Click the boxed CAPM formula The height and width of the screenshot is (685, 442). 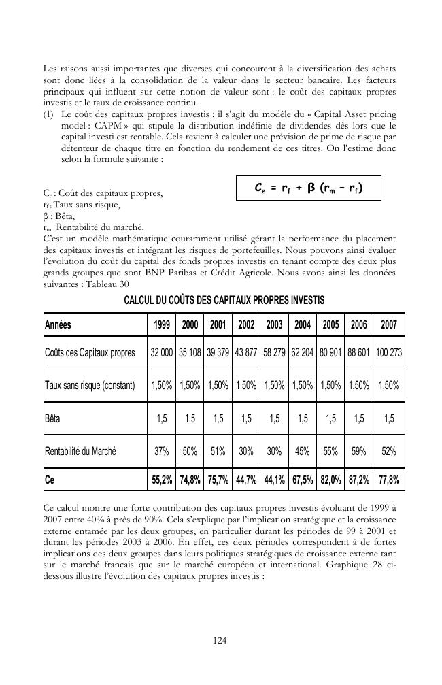coord(308,188)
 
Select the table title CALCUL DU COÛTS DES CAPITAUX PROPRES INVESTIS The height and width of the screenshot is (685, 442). coord(224,300)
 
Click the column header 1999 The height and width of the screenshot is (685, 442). coord(162,325)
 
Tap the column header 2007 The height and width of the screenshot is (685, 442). coord(388,325)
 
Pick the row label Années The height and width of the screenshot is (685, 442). coord(58,325)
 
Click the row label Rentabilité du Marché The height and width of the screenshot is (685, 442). coord(80,451)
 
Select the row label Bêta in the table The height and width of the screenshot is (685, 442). coord(52,418)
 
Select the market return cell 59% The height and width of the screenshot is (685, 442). coord(358,451)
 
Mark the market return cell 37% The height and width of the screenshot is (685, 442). coord(162,451)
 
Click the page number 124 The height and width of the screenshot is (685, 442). coord(220,640)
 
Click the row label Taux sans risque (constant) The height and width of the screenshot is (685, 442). coord(89,386)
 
